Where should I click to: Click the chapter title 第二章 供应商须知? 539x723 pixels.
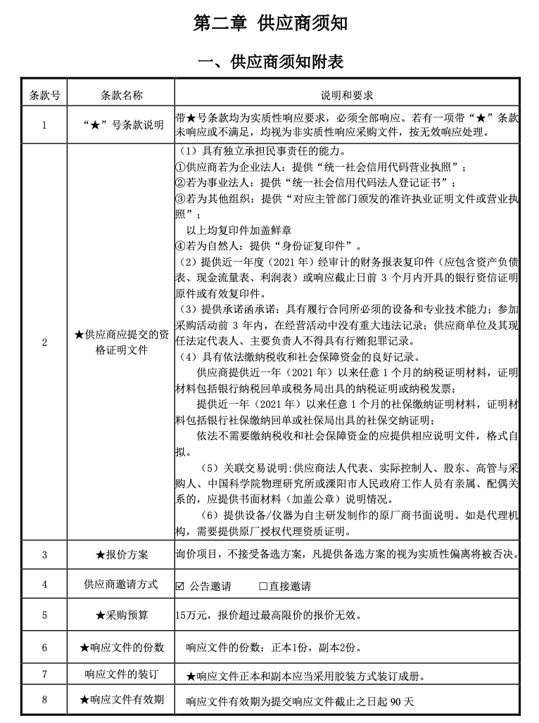[x=270, y=24]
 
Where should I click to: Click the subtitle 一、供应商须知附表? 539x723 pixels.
[x=270, y=62]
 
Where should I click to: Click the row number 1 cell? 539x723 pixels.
[x=44, y=125]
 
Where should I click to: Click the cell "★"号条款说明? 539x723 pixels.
[x=122, y=125]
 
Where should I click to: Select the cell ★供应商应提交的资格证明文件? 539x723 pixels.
[x=122, y=343]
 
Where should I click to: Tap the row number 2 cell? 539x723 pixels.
[x=44, y=343]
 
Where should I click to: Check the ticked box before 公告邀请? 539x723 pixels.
[x=180, y=586]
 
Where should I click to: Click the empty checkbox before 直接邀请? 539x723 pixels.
[x=263, y=586]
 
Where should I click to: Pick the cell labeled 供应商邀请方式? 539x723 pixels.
[x=122, y=584]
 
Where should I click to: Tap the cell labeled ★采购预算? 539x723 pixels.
[x=122, y=615]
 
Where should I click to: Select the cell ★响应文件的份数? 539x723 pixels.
[x=122, y=647]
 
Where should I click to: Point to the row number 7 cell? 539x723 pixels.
[x=44, y=674]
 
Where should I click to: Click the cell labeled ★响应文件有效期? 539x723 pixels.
[x=122, y=700]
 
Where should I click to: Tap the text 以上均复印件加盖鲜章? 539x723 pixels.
[x=239, y=230]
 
